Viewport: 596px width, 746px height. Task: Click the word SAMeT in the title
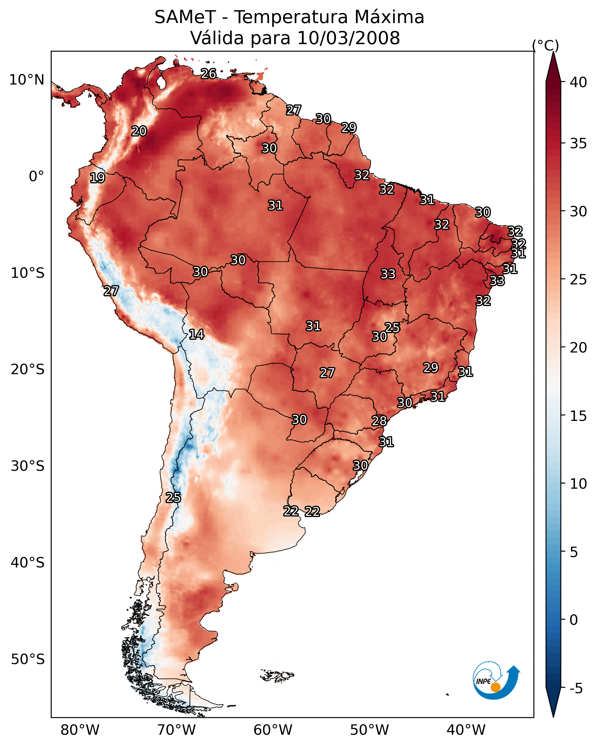pos(185,17)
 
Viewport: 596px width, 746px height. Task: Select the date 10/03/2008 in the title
pos(348,38)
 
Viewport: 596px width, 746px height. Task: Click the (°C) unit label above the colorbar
pos(545,45)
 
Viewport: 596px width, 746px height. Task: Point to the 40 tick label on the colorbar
pos(578,82)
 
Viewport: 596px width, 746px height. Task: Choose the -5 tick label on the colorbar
pos(576,689)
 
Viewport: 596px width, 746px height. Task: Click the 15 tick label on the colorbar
pos(578,416)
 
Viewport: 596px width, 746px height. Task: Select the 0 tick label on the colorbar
pos(574,620)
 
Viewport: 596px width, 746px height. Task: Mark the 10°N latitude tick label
pos(27,80)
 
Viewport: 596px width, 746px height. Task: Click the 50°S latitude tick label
pos(28,659)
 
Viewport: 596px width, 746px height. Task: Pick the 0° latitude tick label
pos(36,177)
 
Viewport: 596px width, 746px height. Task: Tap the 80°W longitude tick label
pos(80,730)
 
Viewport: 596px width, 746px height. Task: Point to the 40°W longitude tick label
pos(466,730)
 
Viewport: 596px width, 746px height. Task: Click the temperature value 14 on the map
pos(196,335)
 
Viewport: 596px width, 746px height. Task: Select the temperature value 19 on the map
pos(97,178)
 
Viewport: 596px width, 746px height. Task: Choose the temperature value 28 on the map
pos(379,421)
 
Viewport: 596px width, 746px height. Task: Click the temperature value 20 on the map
pos(139,131)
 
